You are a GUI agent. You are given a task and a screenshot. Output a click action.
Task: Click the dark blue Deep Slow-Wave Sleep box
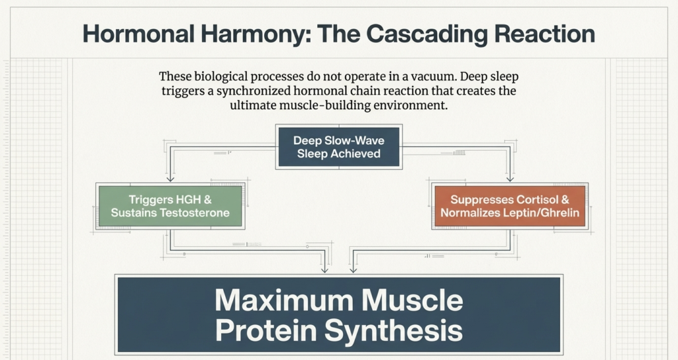(x=338, y=147)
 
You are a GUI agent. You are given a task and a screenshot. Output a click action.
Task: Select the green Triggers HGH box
(x=170, y=206)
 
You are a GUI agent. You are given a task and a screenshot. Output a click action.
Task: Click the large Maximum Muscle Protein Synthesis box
(x=338, y=314)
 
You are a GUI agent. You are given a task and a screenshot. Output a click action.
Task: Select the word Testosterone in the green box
(x=197, y=213)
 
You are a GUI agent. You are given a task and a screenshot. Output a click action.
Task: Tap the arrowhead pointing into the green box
(x=170, y=179)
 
